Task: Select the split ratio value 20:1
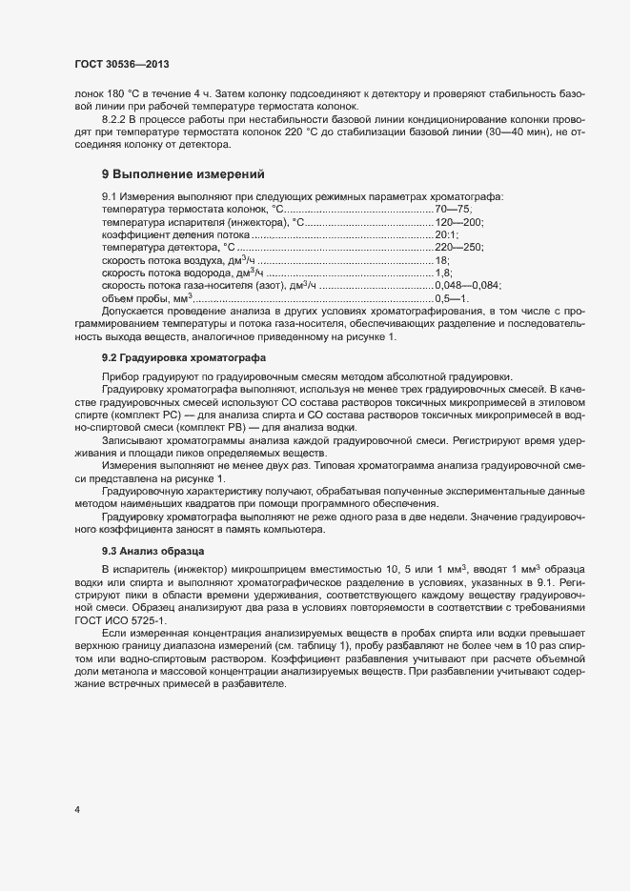point(446,233)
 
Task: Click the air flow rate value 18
point(441,259)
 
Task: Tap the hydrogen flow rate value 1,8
point(442,273)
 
